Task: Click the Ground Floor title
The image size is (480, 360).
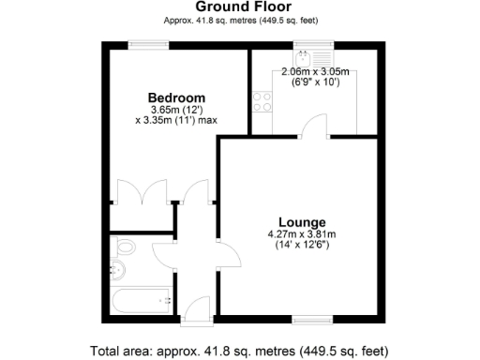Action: pos(239,7)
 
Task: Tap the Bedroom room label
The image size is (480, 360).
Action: pos(176,97)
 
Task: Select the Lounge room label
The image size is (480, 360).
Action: pos(303,221)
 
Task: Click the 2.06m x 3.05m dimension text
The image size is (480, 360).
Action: pos(315,72)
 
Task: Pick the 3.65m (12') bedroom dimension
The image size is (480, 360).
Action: pos(176,109)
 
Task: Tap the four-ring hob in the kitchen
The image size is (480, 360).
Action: pos(261,101)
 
